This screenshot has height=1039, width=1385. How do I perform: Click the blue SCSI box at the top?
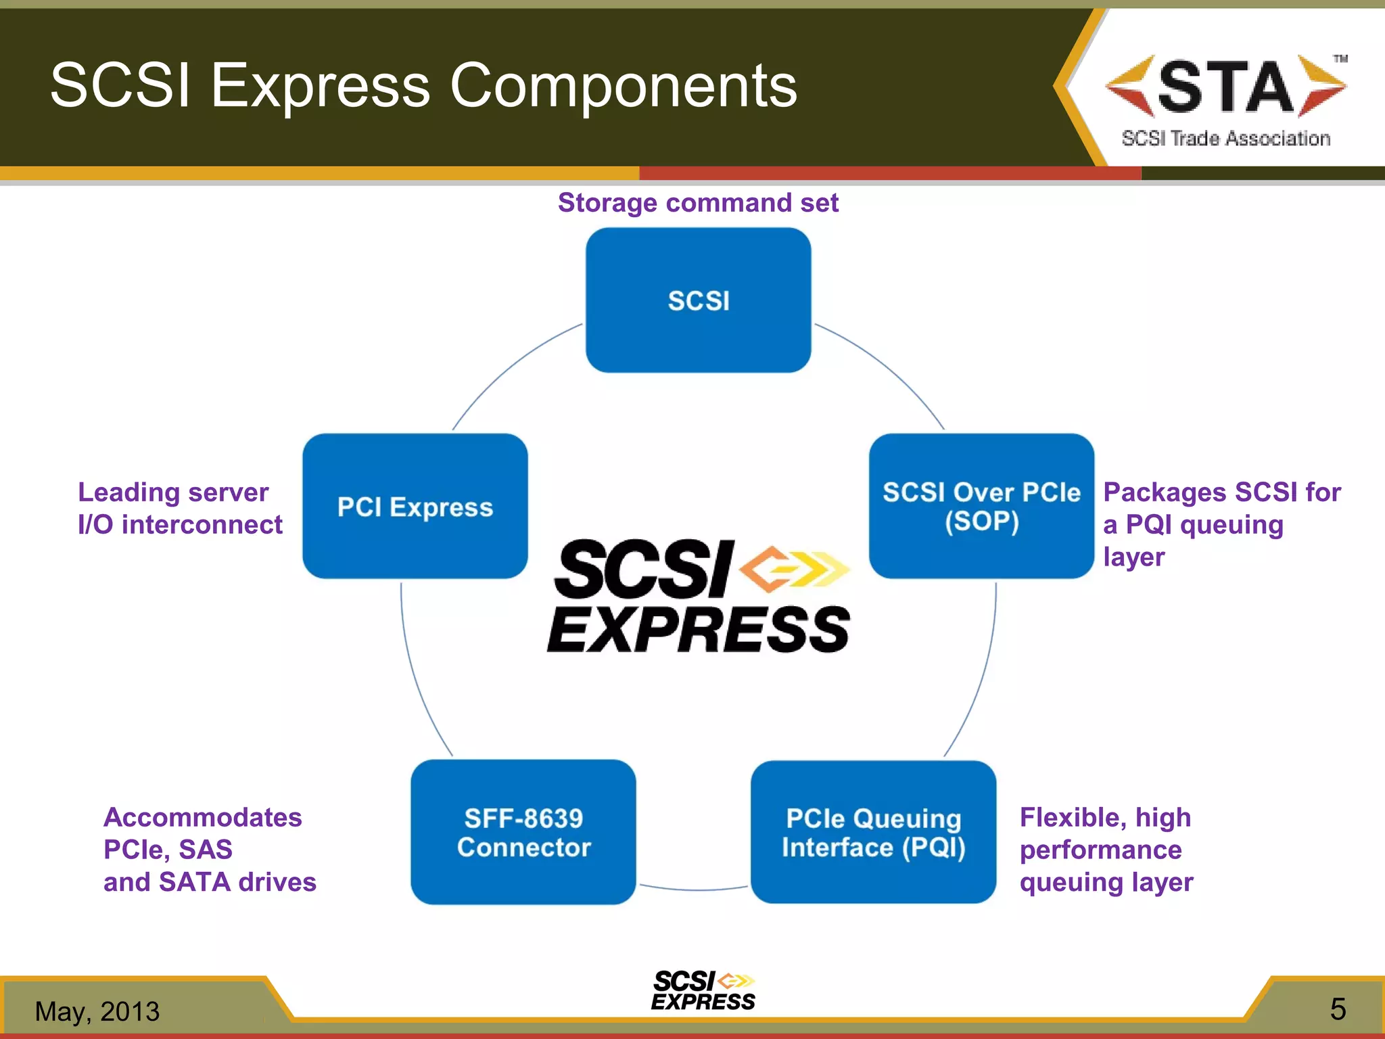tap(698, 300)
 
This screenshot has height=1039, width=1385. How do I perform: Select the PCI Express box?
tap(415, 506)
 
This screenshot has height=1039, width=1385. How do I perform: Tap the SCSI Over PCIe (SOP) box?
tap(981, 506)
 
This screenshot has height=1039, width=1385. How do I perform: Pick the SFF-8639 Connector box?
tap(523, 832)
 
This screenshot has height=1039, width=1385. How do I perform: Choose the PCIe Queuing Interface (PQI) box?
tap(873, 832)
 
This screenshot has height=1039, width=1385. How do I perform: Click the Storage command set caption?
tap(698, 203)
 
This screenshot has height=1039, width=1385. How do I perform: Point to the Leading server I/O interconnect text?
tap(179, 508)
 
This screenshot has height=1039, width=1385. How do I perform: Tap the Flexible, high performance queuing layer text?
tap(1106, 850)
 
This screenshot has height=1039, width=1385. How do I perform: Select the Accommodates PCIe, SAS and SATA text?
tap(209, 850)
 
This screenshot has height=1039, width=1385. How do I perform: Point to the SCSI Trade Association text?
tap(1225, 139)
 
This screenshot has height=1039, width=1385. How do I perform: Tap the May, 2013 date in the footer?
tap(97, 1011)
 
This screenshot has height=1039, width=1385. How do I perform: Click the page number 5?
tap(1338, 1009)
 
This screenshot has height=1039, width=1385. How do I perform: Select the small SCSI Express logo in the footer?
tap(703, 991)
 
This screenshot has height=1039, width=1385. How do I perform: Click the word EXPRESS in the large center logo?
tap(698, 630)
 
